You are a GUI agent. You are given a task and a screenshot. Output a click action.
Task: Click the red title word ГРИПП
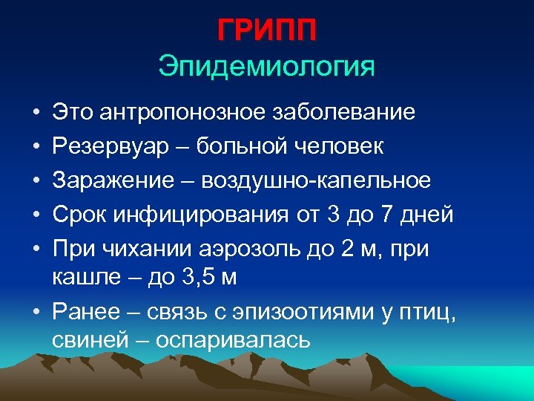[267, 32]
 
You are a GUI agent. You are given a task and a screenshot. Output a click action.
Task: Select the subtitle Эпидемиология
[267, 67]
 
